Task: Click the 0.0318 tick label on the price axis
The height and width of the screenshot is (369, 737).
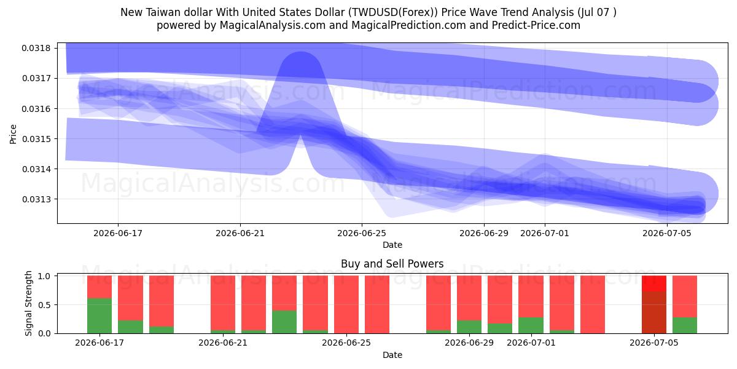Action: pyautogui.click(x=36, y=48)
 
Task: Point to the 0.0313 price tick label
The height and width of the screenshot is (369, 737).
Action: pyautogui.click(x=36, y=199)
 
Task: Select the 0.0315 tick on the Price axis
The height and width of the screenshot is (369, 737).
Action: pyautogui.click(x=36, y=139)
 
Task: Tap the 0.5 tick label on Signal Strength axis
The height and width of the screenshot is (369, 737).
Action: pyautogui.click(x=44, y=305)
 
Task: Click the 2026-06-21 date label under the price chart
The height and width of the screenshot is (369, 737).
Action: pyautogui.click(x=240, y=233)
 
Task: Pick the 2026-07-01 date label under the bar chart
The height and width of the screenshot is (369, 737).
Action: pyautogui.click(x=531, y=343)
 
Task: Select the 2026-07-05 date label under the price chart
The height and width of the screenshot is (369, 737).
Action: pyautogui.click(x=667, y=233)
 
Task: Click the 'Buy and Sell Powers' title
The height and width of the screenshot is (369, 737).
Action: pyautogui.click(x=392, y=264)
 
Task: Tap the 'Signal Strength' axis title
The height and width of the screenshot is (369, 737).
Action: pyautogui.click(x=29, y=303)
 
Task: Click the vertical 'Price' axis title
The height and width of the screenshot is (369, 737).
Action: pyautogui.click(x=13, y=134)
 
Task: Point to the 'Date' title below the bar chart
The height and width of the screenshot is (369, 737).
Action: pyautogui.click(x=392, y=355)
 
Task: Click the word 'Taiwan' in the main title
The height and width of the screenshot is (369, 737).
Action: pyautogui.click(x=163, y=12)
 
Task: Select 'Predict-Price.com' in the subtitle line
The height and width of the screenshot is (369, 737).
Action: pyautogui.click(x=536, y=25)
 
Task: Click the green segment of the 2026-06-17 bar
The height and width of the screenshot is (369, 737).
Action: pyautogui.click(x=99, y=315)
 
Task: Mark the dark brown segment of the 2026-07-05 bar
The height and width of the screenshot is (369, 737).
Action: pyautogui.click(x=654, y=312)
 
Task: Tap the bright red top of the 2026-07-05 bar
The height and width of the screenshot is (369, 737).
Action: pyautogui.click(x=654, y=284)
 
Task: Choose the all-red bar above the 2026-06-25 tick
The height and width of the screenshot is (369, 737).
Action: pyautogui.click(x=346, y=304)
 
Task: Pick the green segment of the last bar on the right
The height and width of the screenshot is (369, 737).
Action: pyautogui.click(x=685, y=325)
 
